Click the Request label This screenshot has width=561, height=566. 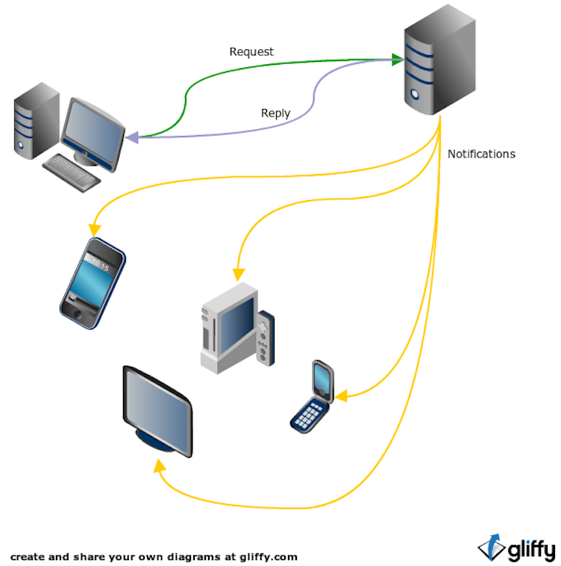point(251,52)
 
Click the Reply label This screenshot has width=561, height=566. point(275,113)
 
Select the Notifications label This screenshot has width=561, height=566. point(481,154)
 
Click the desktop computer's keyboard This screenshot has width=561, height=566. point(71,172)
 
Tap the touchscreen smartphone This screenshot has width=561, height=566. point(93,282)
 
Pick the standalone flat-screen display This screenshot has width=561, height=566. point(157,411)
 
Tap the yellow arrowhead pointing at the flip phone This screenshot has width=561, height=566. point(340,395)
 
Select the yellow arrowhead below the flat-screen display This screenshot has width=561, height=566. point(157,465)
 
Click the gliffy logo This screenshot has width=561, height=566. point(516,548)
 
